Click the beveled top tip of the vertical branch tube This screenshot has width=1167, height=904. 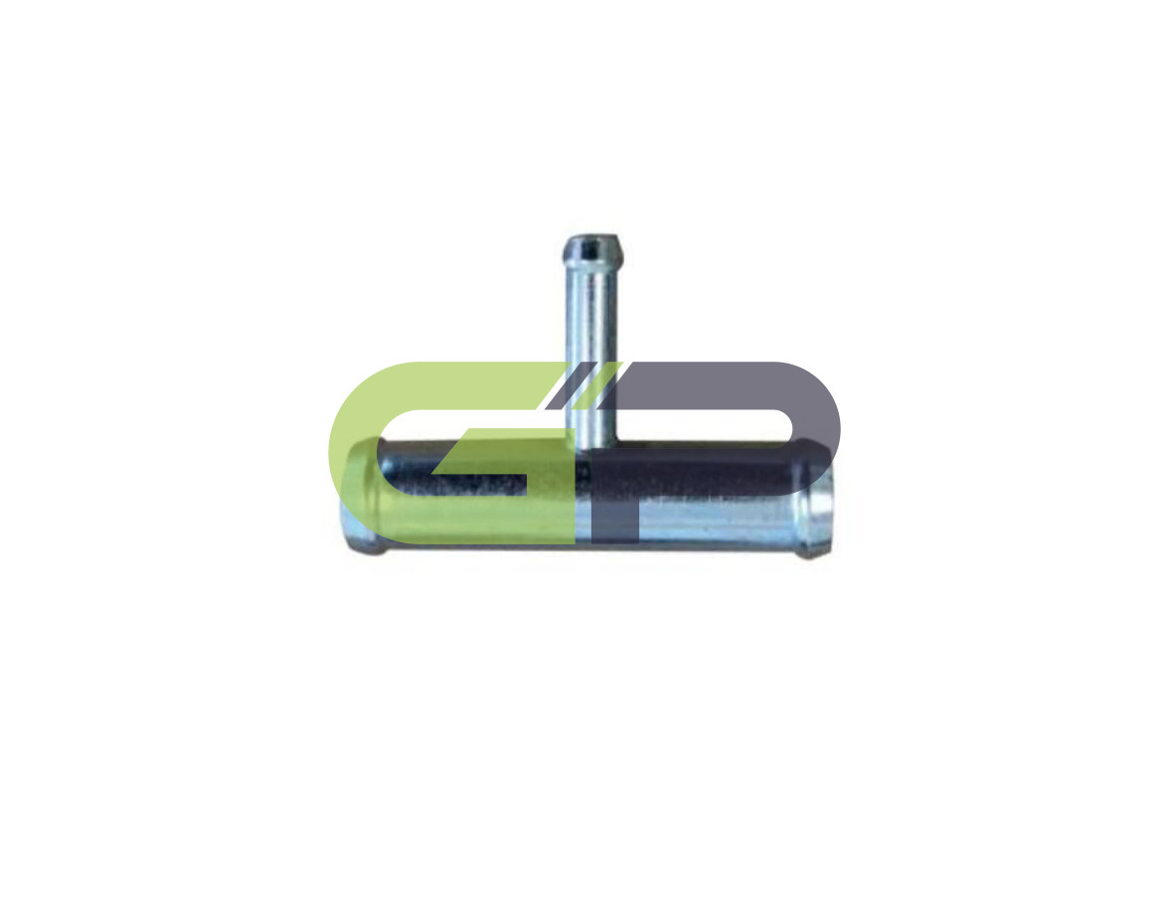point(592,246)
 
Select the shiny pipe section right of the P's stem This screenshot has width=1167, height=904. point(716,521)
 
